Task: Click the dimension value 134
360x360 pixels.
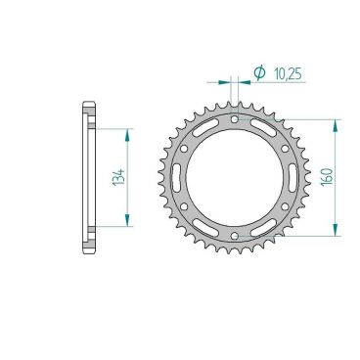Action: click(118, 177)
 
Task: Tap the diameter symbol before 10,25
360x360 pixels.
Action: click(259, 72)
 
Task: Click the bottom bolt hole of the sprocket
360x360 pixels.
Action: click(236, 238)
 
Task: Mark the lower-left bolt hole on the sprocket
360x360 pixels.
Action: click(184, 207)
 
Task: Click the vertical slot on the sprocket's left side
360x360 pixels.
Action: click(177, 178)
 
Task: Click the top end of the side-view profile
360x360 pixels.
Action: click(89, 105)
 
